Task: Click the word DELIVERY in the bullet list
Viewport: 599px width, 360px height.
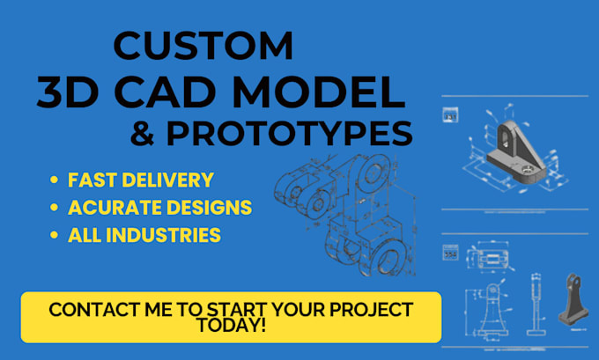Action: pos(166,180)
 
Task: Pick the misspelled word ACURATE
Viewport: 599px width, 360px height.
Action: pos(113,208)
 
